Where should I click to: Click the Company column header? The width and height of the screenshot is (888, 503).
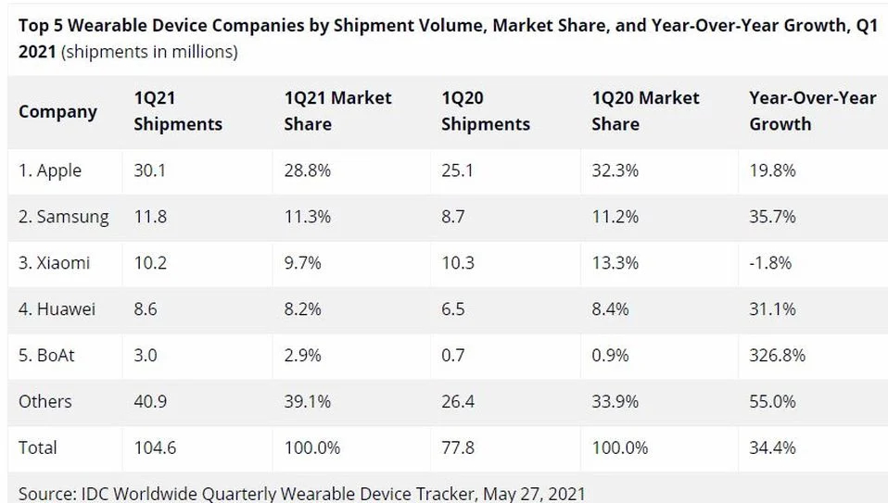point(57,111)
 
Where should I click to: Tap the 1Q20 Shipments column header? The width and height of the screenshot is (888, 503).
point(485,111)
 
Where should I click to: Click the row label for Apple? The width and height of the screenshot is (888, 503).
point(50,170)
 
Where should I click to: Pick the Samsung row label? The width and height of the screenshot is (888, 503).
point(63,217)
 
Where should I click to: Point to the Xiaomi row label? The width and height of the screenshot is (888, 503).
point(55,263)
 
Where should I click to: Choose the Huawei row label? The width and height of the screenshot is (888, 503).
point(57,309)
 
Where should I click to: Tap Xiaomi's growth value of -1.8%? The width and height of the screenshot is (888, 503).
point(770,263)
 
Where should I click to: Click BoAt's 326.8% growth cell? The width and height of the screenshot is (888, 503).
point(777,356)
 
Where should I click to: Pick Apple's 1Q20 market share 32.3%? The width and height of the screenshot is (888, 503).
point(615,170)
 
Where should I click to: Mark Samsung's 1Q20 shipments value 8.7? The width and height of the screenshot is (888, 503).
point(453,217)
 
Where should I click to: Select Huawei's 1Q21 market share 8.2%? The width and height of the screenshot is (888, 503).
point(302,309)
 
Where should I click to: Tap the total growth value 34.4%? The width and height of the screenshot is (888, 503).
point(772,447)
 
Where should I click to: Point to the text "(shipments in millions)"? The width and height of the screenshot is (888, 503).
point(149,52)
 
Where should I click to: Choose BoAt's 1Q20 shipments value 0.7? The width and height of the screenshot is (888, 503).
point(453,356)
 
